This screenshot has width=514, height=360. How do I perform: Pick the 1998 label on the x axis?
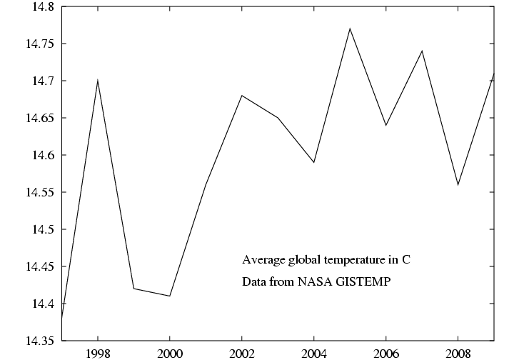pyautogui.click(x=98, y=352)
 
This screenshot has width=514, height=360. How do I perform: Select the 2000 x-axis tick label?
pyautogui.click(x=170, y=352)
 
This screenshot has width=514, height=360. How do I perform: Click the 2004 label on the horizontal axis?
pyautogui.click(x=313, y=352)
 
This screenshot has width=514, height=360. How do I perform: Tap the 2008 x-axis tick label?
pyautogui.click(x=458, y=352)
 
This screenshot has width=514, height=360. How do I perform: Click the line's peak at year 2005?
pyautogui.click(x=350, y=29)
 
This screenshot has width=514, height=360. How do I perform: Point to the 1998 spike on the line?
pyautogui.click(x=98, y=81)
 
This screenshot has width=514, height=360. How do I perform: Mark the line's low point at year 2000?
pyautogui.click(x=170, y=296)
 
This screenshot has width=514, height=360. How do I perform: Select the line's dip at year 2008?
pyautogui.click(x=458, y=185)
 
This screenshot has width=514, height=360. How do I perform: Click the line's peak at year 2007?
pyautogui.click(x=422, y=51)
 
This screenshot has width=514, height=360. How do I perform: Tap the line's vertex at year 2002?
pyautogui.click(x=242, y=95)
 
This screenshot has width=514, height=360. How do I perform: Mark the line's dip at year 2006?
pyautogui.click(x=385, y=125)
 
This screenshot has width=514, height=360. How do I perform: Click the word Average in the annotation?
pyautogui.click(x=261, y=259)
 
